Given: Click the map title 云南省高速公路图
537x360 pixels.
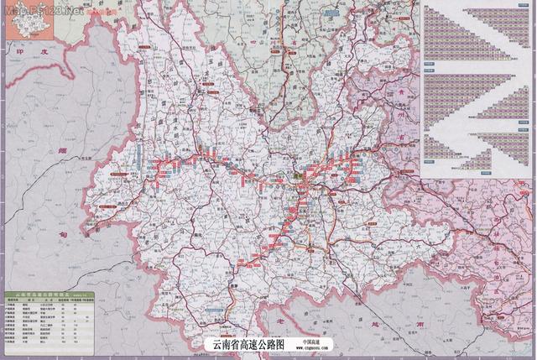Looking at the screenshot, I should pyautogui.click(x=250, y=345).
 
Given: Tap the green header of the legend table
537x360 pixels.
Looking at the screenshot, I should pyautogui.click(x=46, y=295).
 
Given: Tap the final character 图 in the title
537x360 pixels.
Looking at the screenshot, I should pyautogui.click(x=283, y=345).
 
